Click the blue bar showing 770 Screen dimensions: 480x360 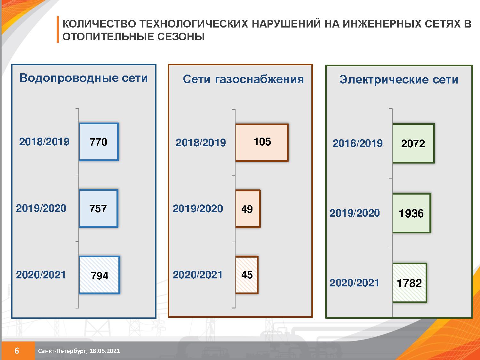[99, 142]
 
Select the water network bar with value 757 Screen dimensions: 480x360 [99, 209]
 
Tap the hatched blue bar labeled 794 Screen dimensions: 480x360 [100, 275]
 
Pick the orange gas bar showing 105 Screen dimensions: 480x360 [262, 143]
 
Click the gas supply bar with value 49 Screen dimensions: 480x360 [248, 209]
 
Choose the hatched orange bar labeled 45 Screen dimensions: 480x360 [247, 275]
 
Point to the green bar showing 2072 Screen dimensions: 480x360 [413, 143]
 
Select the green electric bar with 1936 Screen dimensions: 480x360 [412, 213]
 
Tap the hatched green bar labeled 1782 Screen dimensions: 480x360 [409, 283]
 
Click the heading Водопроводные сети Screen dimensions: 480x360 [84, 78]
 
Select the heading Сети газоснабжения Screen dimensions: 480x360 [243, 79]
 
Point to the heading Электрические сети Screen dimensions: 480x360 [399, 80]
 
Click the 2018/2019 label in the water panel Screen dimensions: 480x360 [44, 142]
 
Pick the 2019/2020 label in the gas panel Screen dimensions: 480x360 [198, 209]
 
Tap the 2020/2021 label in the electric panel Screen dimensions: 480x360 [354, 283]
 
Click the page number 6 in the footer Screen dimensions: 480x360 [17, 351]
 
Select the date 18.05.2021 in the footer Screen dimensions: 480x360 [105, 351]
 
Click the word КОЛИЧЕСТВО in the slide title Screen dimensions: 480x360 [99, 24]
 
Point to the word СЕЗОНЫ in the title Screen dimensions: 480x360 [181, 36]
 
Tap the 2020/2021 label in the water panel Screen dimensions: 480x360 [41, 275]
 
